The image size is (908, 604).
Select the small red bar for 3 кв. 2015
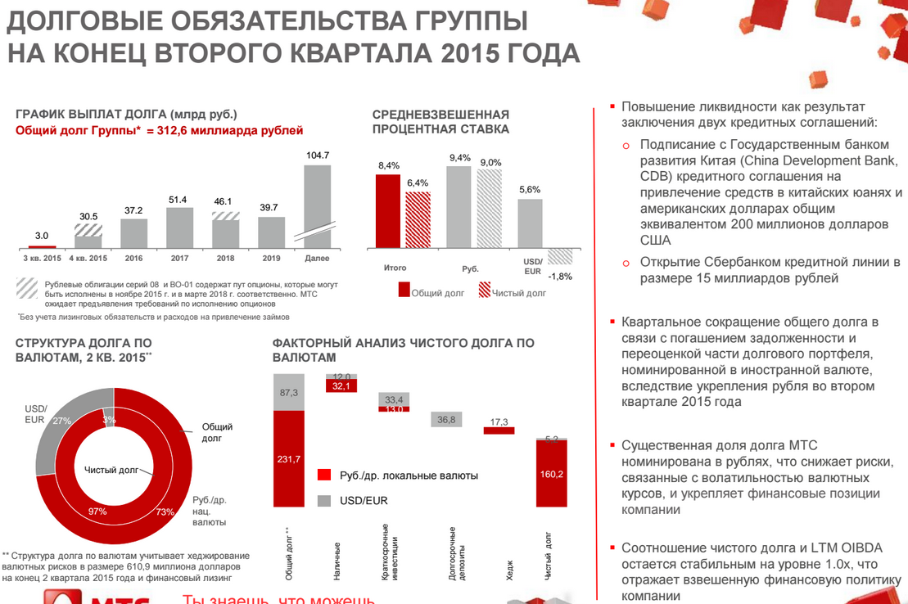pos(42,246)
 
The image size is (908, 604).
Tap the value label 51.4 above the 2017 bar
pos(178,200)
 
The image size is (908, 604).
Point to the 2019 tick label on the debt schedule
pos(271,259)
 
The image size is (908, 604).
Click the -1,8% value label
pos(560,276)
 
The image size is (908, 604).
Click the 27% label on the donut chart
pos(61,421)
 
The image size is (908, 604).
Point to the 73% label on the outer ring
pos(165,512)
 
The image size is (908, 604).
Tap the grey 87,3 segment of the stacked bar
pos(288,393)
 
